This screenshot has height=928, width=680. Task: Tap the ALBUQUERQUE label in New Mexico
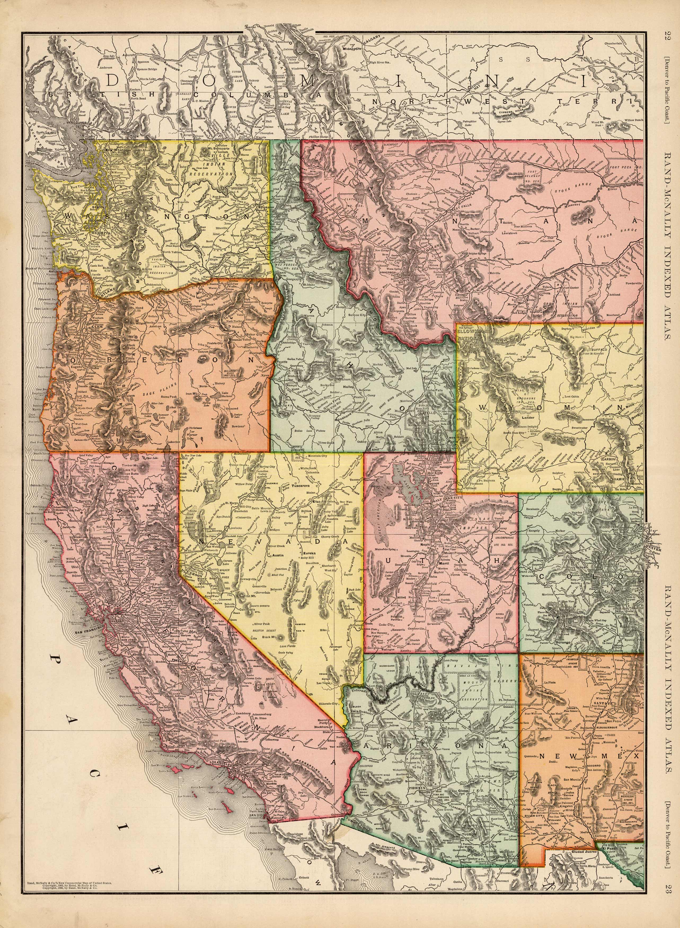[x=573, y=726]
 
